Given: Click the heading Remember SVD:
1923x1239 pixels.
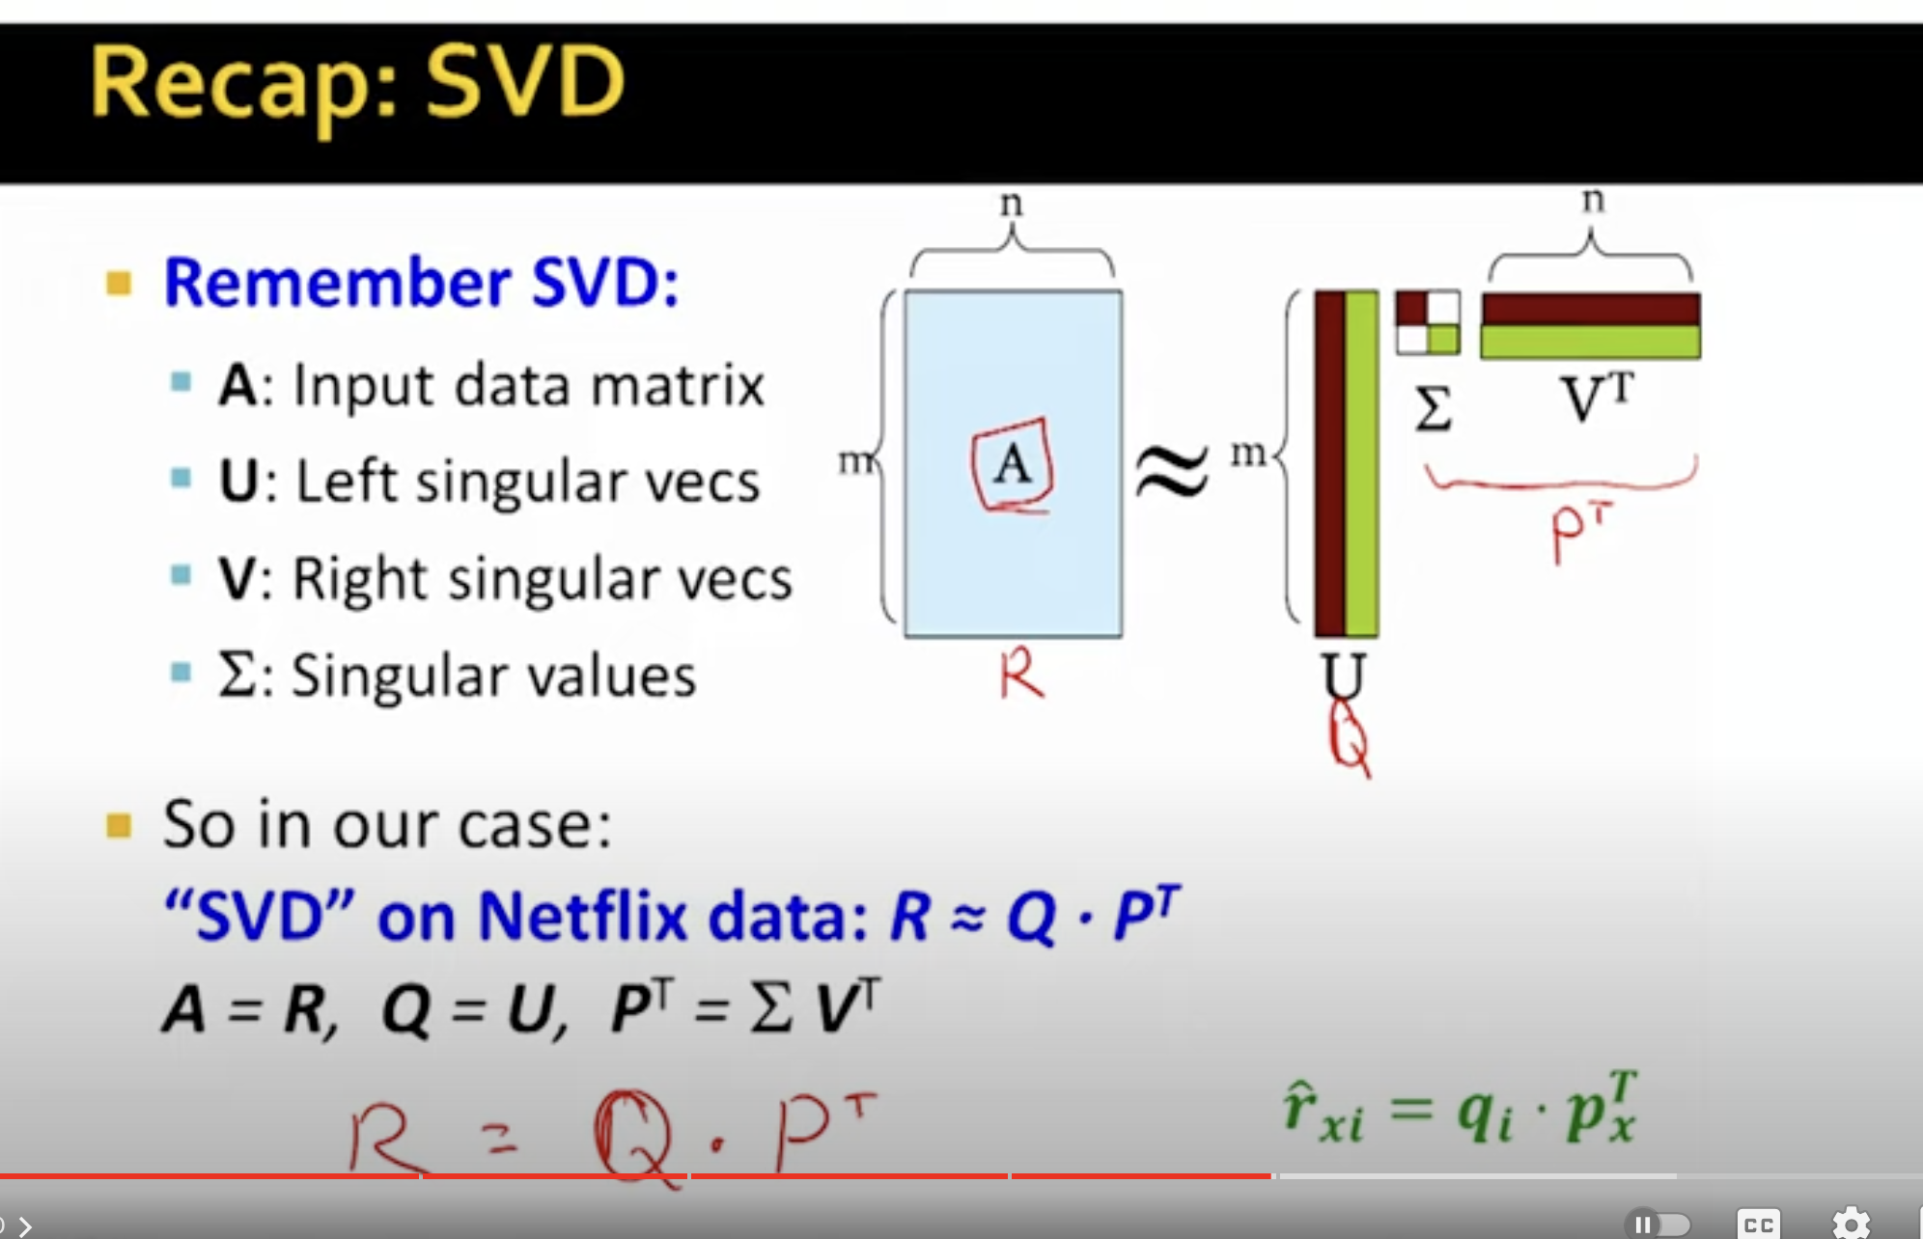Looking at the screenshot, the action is (422, 283).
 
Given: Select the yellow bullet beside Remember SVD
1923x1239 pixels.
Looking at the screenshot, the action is (119, 284).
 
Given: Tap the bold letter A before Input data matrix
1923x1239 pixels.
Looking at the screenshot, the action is (237, 386).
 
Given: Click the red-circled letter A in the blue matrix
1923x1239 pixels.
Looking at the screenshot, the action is (1013, 465).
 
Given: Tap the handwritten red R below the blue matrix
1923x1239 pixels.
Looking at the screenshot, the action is (1021, 675).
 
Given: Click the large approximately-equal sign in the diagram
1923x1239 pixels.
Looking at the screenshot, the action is (1171, 471).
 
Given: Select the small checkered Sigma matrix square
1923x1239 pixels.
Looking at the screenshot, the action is (1428, 323).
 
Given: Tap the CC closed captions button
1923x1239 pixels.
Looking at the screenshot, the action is (1758, 1224).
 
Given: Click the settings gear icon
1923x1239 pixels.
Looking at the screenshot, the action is (1851, 1224).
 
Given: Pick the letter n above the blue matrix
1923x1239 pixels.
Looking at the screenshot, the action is (1011, 204).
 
